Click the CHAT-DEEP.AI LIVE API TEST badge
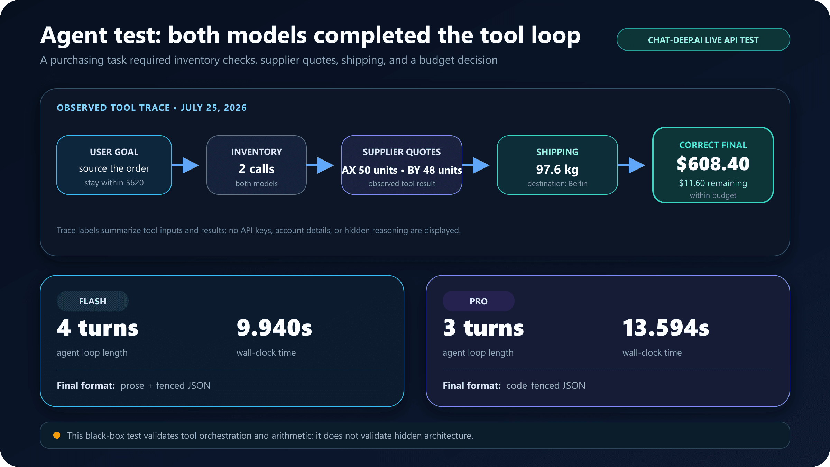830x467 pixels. (703, 39)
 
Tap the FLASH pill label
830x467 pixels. (93, 301)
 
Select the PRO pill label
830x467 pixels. (479, 301)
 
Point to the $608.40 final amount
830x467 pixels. (713, 164)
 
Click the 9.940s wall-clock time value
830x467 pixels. (274, 328)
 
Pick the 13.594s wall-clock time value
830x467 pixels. (666, 328)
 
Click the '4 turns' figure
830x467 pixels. (98, 328)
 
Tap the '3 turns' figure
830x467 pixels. (483, 328)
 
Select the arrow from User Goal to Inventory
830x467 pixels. (185, 165)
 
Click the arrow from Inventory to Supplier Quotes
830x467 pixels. (320, 165)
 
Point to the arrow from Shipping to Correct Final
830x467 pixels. (631, 165)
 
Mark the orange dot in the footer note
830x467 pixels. (57, 435)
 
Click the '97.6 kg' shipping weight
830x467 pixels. (557, 169)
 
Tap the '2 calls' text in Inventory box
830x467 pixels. (257, 169)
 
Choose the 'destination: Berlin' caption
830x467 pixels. (557, 183)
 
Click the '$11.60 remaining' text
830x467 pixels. (713, 183)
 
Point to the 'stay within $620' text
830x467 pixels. (114, 182)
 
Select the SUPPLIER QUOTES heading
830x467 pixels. (402, 152)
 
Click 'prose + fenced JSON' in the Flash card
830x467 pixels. (165, 385)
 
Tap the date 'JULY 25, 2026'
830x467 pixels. (214, 108)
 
